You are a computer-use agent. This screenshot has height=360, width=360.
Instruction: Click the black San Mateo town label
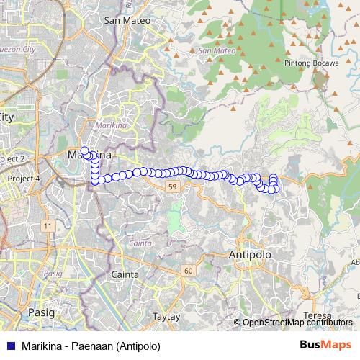[127, 20]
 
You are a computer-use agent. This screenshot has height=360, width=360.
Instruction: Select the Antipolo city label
[248, 255]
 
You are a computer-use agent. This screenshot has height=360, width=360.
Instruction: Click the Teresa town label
[318, 315]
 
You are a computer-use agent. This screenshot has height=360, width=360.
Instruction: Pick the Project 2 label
[12, 158]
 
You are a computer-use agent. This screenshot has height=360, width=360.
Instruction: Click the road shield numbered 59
[171, 186]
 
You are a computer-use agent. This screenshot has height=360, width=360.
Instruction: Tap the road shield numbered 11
[48, 226]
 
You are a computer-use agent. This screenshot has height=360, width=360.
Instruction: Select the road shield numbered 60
[188, 270]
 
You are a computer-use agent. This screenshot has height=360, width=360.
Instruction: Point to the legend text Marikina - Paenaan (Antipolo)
[91, 345]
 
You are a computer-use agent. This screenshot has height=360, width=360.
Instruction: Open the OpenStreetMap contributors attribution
[297, 323]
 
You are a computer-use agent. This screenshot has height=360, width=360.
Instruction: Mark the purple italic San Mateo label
[214, 51]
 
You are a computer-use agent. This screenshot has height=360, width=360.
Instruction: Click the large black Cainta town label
[125, 274]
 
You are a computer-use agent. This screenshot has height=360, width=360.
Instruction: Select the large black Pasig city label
[40, 312]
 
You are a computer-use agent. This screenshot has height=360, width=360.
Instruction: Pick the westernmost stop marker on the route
[84, 151]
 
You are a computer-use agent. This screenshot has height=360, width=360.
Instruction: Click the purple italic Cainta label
[141, 243]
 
